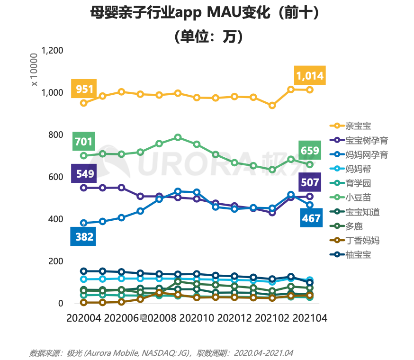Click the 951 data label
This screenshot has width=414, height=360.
tap(84, 89)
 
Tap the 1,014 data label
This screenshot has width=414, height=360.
tap(309, 75)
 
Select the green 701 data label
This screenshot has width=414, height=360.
tap(84, 141)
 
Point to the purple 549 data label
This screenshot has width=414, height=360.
tap(84, 173)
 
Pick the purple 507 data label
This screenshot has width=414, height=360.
tap(310, 182)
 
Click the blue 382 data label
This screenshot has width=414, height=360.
tap(84, 236)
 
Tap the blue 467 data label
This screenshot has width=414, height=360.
tap(310, 218)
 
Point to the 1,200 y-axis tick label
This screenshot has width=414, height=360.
tap(53, 50)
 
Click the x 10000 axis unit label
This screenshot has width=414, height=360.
tap(34, 70)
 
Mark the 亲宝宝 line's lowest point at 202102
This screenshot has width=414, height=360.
tap(272, 105)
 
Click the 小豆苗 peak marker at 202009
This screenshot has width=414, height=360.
tap(178, 137)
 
